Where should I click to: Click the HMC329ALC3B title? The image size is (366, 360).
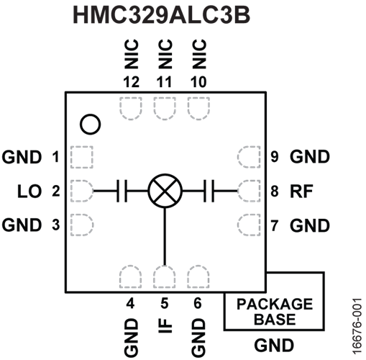(x=162, y=15)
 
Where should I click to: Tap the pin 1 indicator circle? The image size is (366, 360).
(x=90, y=125)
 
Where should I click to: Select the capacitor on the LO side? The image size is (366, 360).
(x=122, y=191)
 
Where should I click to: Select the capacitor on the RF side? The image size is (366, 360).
(x=209, y=191)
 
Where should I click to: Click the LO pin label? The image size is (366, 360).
(x=29, y=192)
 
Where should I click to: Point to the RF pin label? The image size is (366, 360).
(x=301, y=192)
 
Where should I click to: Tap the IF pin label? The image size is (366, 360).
(x=165, y=325)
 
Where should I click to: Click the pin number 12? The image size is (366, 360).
(x=131, y=82)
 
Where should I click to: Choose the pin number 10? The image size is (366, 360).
(x=198, y=82)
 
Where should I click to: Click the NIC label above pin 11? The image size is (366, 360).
(x=165, y=54)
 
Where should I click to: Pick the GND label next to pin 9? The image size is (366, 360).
(x=310, y=157)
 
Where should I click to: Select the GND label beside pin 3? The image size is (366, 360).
(x=22, y=225)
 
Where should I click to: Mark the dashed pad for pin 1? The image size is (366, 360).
(x=82, y=157)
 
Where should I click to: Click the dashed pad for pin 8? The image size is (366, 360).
(x=249, y=191)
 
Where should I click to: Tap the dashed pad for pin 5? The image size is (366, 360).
(x=164, y=276)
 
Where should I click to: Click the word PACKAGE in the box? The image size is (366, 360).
(x=275, y=304)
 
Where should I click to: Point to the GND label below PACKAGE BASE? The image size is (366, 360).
(x=274, y=346)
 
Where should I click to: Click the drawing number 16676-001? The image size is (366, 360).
(x=357, y=326)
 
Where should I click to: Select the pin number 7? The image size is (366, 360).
(x=275, y=225)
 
